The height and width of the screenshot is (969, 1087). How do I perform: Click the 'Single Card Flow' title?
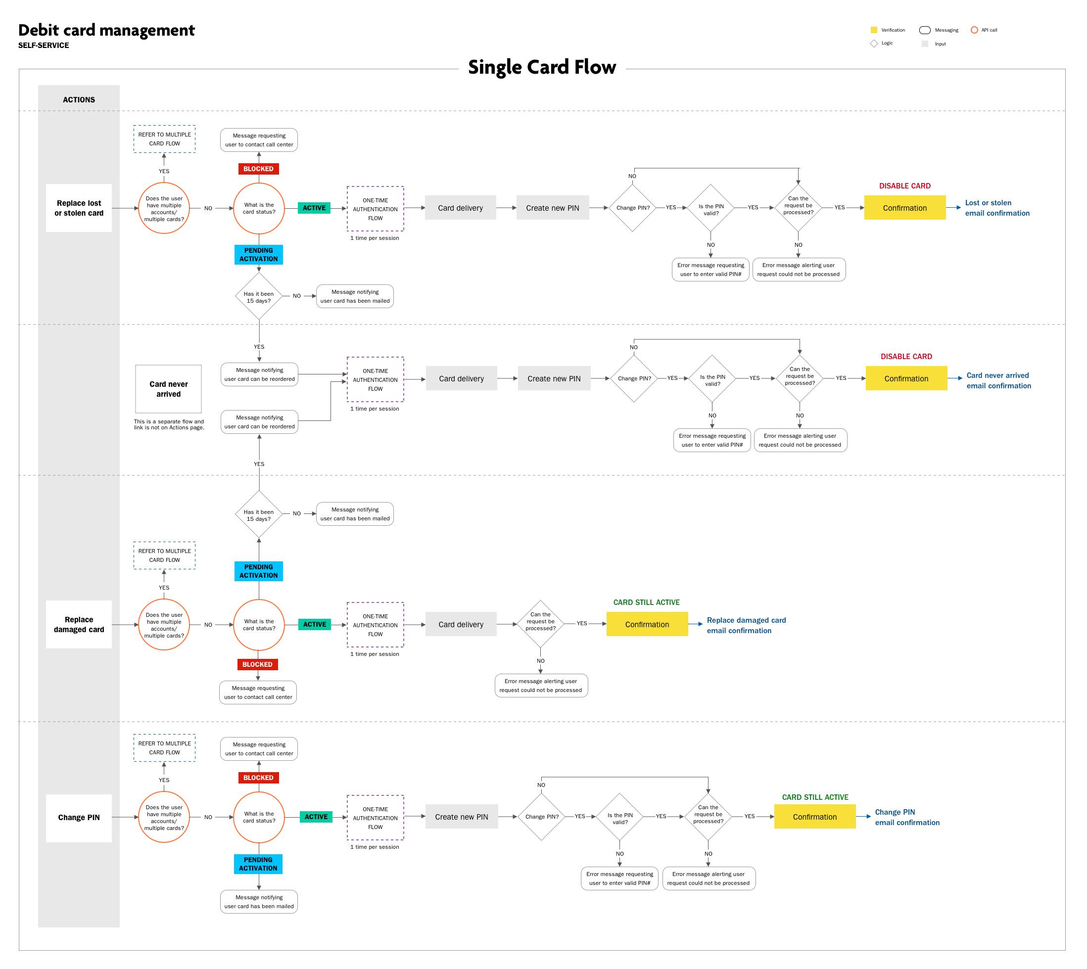(x=542, y=68)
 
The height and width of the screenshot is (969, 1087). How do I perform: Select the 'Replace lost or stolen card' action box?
(x=79, y=208)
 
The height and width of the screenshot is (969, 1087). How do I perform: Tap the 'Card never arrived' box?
(x=168, y=389)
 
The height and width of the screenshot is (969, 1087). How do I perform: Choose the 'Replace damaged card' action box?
(x=79, y=625)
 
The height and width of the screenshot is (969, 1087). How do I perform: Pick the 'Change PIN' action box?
(x=79, y=818)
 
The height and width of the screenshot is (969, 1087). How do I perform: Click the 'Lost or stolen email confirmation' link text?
(x=997, y=208)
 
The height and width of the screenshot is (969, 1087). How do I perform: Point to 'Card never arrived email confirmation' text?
(x=998, y=381)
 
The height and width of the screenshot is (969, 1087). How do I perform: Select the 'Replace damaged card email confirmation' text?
(x=746, y=626)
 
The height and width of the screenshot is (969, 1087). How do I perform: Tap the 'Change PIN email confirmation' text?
(x=907, y=818)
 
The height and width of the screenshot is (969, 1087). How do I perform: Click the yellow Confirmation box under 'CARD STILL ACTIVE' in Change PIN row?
(x=814, y=817)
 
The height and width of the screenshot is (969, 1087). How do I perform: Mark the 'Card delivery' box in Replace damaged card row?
(x=461, y=625)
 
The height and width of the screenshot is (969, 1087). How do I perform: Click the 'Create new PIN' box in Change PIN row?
(x=461, y=817)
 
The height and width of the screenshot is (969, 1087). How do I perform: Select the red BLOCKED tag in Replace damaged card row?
(x=257, y=664)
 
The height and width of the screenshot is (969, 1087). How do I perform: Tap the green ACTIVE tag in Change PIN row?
(x=316, y=817)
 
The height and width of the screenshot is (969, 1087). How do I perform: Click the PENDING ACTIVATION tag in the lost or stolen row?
(x=258, y=255)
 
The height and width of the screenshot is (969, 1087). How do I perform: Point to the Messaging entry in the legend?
(x=939, y=30)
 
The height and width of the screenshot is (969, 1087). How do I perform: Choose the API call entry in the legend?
(x=984, y=30)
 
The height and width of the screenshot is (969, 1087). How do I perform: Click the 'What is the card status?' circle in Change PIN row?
(x=259, y=817)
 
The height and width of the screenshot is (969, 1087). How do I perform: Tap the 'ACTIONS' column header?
(x=79, y=99)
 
